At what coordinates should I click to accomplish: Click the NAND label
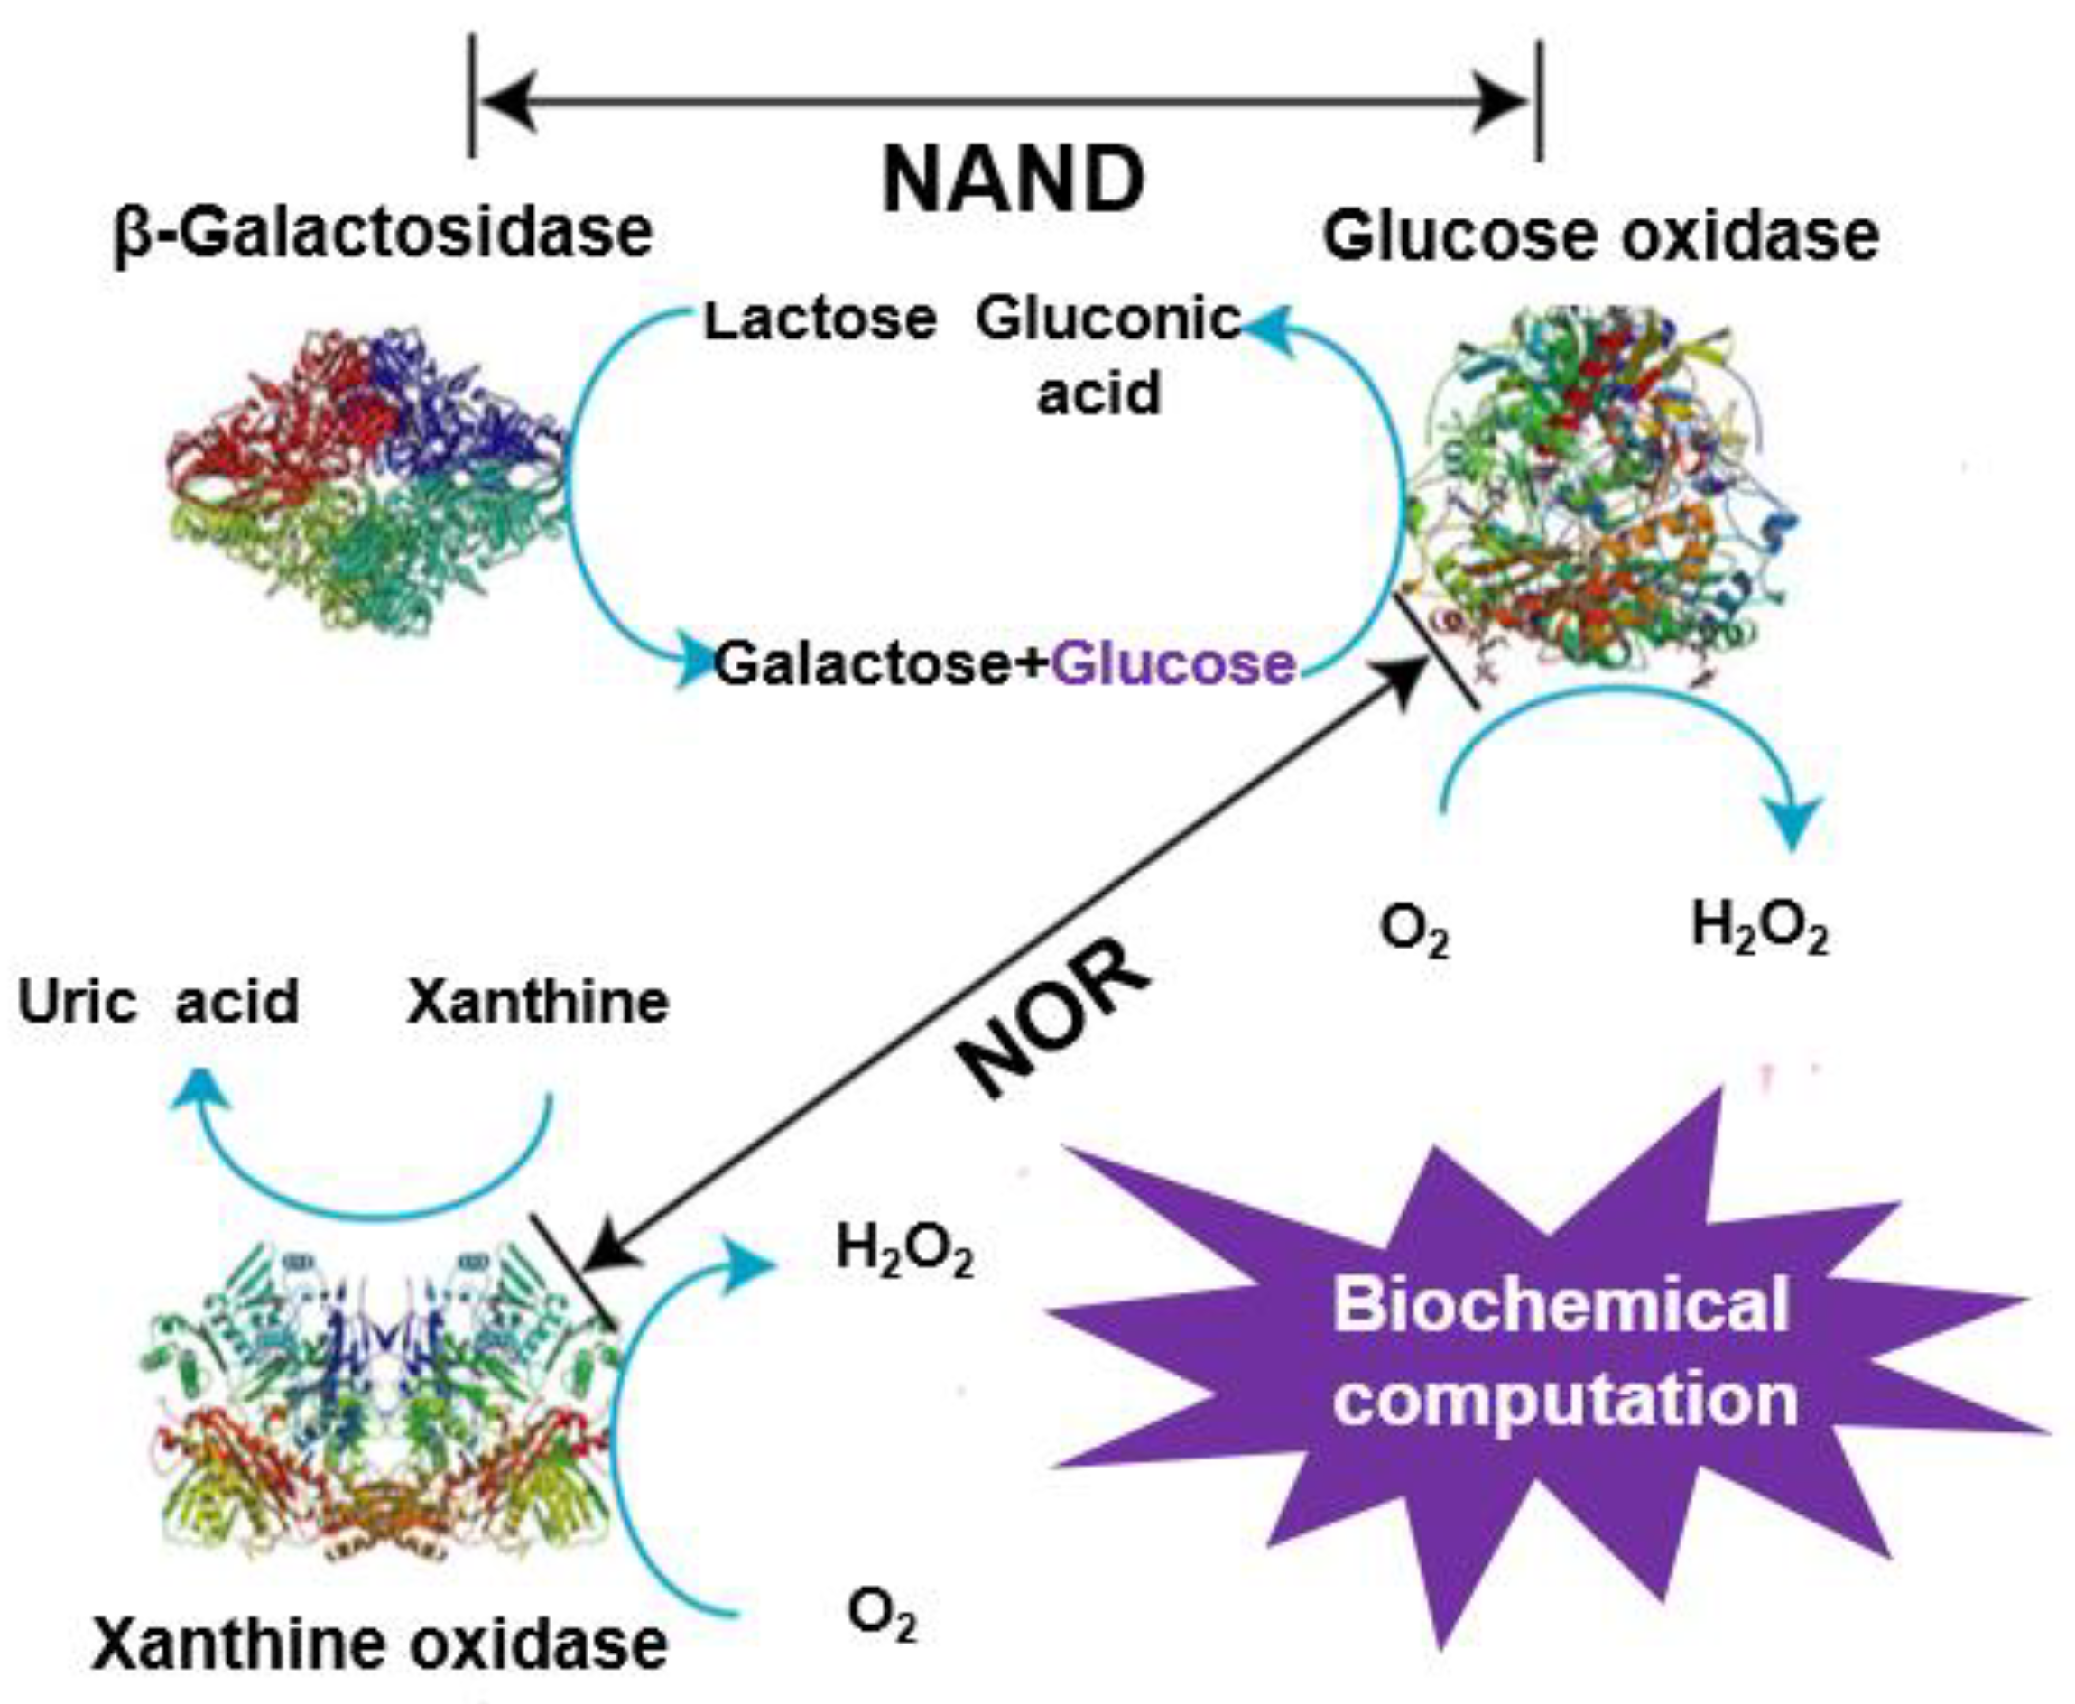1013,181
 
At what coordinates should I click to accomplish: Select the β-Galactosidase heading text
384,234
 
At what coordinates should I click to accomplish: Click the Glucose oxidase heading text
1601,236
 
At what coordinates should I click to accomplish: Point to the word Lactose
820,320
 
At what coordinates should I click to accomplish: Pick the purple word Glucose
1174,664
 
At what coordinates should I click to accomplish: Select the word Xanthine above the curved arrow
538,1002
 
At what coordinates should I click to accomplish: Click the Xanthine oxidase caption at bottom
380,1645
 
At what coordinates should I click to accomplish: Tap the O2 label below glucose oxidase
1414,931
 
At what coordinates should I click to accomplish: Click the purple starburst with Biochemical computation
1561,1355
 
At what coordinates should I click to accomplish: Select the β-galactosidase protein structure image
368,486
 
